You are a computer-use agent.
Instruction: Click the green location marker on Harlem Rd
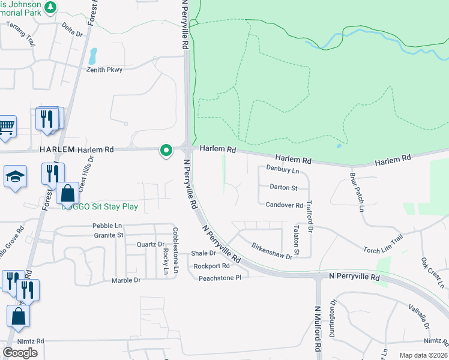click(165, 151)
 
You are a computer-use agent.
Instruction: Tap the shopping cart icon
click(6, 127)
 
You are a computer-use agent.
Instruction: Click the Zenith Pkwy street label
click(104, 70)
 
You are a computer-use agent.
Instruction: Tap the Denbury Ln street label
click(282, 170)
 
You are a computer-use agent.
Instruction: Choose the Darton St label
click(283, 188)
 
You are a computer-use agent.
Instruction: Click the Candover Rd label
click(284, 205)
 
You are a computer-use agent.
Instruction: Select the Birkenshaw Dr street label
click(271, 251)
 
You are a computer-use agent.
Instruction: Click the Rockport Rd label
click(212, 266)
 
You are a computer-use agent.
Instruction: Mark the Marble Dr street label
click(126, 280)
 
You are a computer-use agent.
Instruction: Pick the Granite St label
click(108, 235)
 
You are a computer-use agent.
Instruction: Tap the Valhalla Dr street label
click(421, 313)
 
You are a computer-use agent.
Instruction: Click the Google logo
click(20, 353)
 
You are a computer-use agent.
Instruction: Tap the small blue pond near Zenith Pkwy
click(92, 56)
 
